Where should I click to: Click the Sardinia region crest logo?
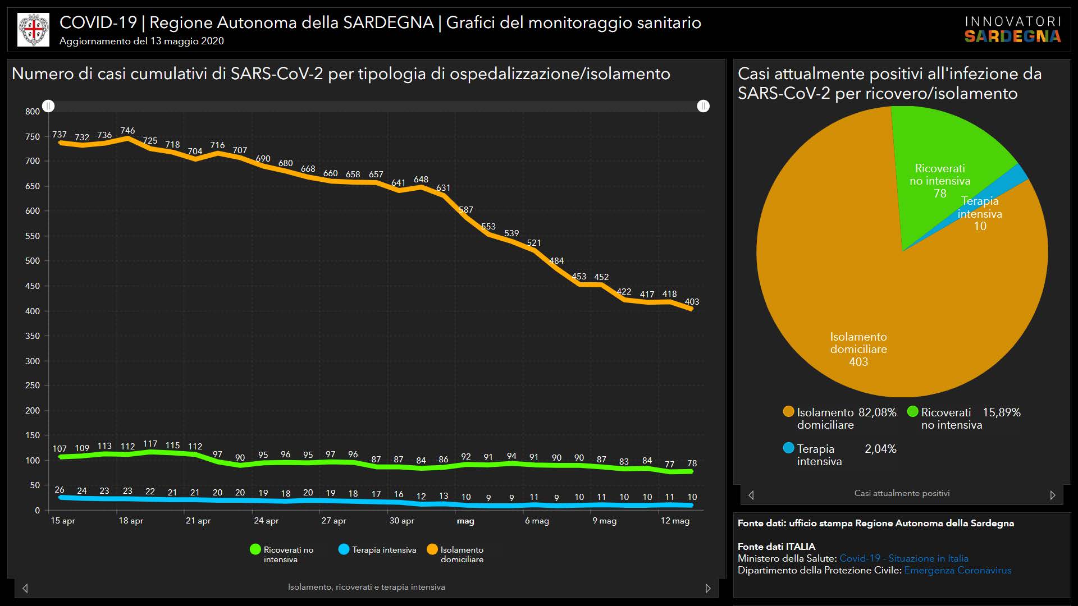pyautogui.click(x=34, y=30)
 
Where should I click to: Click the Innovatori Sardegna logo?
pyautogui.click(x=1012, y=30)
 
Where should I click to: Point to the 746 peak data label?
pyautogui.click(x=127, y=131)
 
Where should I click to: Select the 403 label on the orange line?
pyautogui.click(x=692, y=302)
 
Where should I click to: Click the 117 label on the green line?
pyautogui.click(x=150, y=444)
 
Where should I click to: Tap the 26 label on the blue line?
pyautogui.click(x=60, y=490)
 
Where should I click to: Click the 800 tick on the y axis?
pyautogui.click(x=33, y=112)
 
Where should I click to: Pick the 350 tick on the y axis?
pyautogui.click(x=33, y=336)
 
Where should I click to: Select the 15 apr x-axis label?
pyautogui.click(x=63, y=521)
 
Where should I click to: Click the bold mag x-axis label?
pyautogui.click(x=465, y=521)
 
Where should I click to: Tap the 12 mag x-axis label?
pyautogui.click(x=675, y=521)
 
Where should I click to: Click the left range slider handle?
pyautogui.click(x=49, y=106)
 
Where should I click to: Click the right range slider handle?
pyautogui.click(x=703, y=106)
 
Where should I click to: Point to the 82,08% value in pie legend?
pyautogui.click(x=877, y=412)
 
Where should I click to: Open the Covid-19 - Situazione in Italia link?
pyautogui.click(x=903, y=558)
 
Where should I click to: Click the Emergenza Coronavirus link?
pyautogui.click(x=957, y=570)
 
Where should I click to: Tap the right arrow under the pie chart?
pyautogui.click(x=1053, y=495)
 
